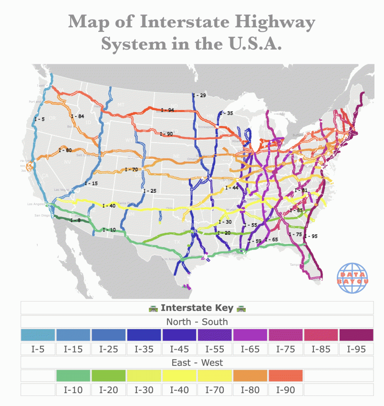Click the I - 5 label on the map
pos(40,119)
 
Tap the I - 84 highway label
pos(78,116)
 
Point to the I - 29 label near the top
pos(199,95)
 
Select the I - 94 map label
pos(167,110)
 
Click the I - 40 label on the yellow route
pos(109,206)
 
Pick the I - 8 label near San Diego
pos(76,220)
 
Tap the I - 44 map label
pos(232,188)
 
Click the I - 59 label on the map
pos(255,241)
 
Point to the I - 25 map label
pos(150,191)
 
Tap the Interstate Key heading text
pos(197,308)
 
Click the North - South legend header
pos(197,322)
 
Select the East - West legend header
pos(197,363)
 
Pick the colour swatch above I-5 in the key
pos(38,335)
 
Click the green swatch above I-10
pos(73,376)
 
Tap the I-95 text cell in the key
pos(356,349)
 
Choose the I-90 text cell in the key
pos(285,390)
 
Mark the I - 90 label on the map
pos(166,134)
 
